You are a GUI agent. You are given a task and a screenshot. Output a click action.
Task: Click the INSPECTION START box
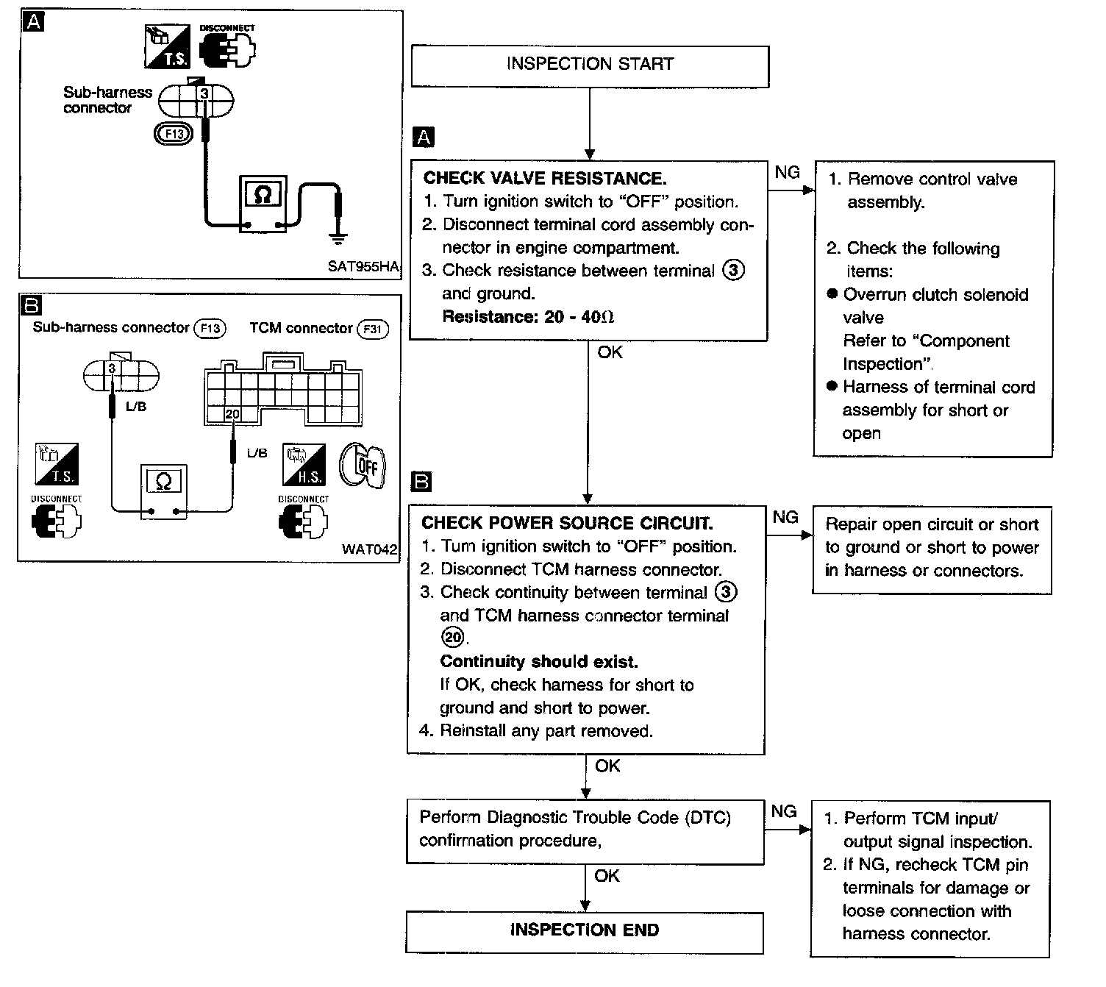[x=590, y=66]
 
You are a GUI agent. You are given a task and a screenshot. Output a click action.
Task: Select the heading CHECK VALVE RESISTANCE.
[x=545, y=178]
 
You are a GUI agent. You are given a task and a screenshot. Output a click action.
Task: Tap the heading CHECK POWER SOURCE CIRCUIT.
[x=567, y=522]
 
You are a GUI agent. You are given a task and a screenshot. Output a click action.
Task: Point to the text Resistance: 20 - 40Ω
[x=528, y=317]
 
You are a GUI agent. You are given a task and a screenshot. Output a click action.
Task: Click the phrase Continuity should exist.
[x=539, y=661]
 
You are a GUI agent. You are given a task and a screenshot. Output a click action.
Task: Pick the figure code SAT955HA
[x=363, y=266]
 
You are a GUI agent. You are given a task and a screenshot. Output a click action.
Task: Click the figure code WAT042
[x=369, y=549]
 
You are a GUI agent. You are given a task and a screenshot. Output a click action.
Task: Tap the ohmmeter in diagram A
[x=263, y=204]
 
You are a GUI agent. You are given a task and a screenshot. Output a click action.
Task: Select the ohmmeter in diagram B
[x=164, y=491]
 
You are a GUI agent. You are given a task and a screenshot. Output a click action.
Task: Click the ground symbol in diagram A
[x=338, y=238]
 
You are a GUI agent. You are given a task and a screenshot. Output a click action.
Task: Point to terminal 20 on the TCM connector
[x=232, y=414]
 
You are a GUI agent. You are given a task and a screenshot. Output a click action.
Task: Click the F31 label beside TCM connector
[x=372, y=329]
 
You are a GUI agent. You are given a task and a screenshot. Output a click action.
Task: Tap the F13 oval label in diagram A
[x=174, y=134]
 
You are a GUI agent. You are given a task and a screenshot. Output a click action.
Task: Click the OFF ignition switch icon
[x=362, y=466]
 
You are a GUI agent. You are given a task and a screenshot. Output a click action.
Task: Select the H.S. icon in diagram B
[x=304, y=464]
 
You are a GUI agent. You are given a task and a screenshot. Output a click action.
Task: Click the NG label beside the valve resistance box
[x=787, y=173]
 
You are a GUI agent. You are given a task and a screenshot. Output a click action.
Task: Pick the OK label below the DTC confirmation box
[x=607, y=876]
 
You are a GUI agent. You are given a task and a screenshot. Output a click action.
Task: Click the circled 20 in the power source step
[x=452, y=636]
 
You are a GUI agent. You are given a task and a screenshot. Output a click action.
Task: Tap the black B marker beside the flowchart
[x=421, y=482]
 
